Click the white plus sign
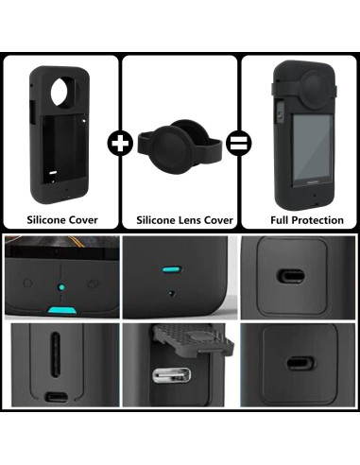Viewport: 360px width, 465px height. pyautogui.click(x=120, y=144)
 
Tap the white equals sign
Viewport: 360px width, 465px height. pyautogui.click(x=239, y=144)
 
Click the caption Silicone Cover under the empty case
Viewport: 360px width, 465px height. pyautogui.click(x=61, y=219)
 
